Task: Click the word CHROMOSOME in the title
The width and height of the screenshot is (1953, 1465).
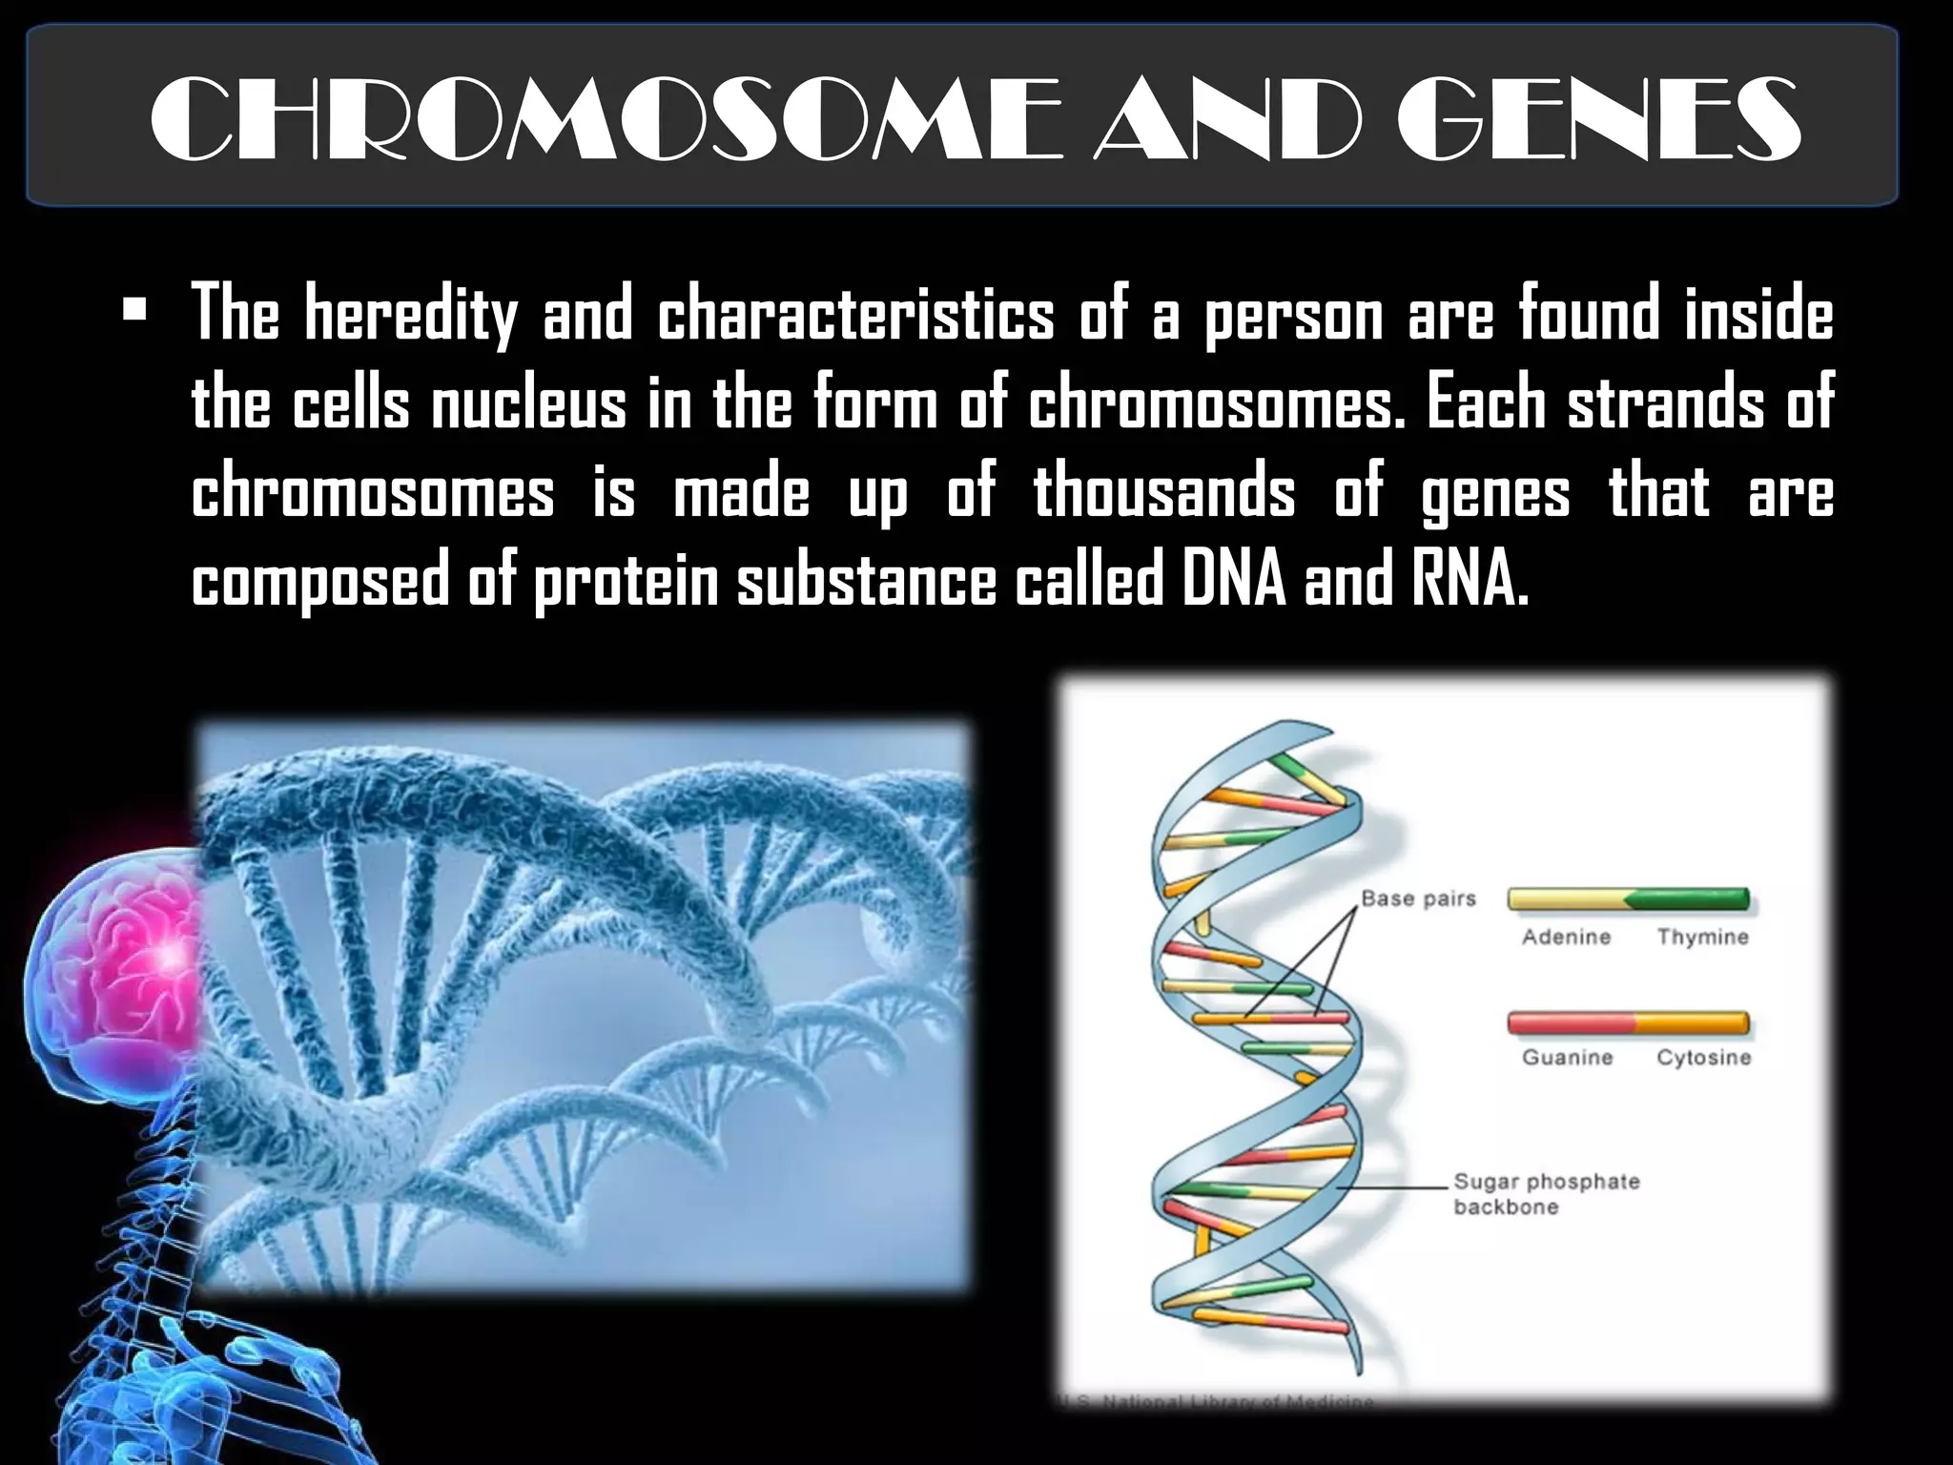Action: coord(605,120)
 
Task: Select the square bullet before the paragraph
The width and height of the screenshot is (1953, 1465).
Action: coord(134,311)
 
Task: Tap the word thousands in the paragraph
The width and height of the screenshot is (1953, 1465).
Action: coord(1163,492)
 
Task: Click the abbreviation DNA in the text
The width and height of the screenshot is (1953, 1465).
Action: coord(1234,580)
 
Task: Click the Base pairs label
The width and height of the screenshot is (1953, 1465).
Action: coord(1418,898)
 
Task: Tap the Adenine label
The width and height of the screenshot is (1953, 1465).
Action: coord(1566,937)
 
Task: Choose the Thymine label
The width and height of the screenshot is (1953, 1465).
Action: coord(1702,937)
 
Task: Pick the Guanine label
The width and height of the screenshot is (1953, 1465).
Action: coord(1567,1057)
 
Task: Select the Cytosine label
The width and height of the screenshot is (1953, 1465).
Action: coord(1703,1057)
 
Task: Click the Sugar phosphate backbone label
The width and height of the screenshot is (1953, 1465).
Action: coord(1545,1194)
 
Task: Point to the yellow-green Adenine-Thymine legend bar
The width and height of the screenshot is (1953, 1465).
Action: coord(1628,898)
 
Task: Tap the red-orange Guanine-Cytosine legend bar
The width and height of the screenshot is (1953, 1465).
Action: coord(1628,1023)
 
